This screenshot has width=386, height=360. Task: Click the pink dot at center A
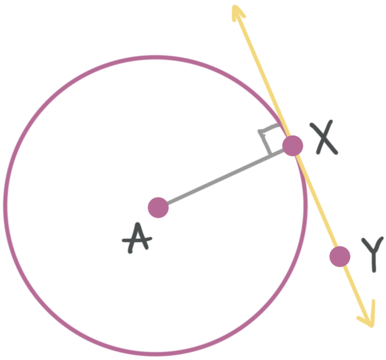(158, 207)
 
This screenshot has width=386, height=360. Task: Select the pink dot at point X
(293, 146)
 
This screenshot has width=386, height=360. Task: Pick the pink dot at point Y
(340, 256)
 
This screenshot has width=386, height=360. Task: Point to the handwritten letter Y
(373, 253)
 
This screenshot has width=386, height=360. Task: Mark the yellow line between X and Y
(316, 200)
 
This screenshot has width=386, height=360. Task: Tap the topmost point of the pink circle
(155, 57)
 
